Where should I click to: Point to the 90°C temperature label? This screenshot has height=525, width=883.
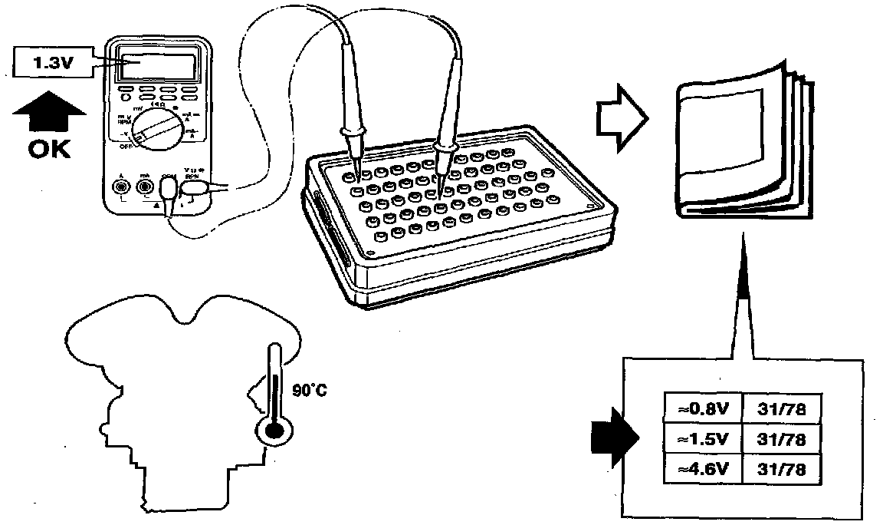click(x=310, y=391)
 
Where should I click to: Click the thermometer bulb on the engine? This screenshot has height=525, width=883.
click(x=272, y=431)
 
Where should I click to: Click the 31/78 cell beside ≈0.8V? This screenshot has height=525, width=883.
click(x=780, y=409)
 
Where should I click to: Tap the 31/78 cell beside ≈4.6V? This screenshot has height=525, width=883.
click(x=780, y=468)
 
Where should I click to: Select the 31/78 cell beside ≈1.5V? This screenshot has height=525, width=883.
click(x=780, y=439)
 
